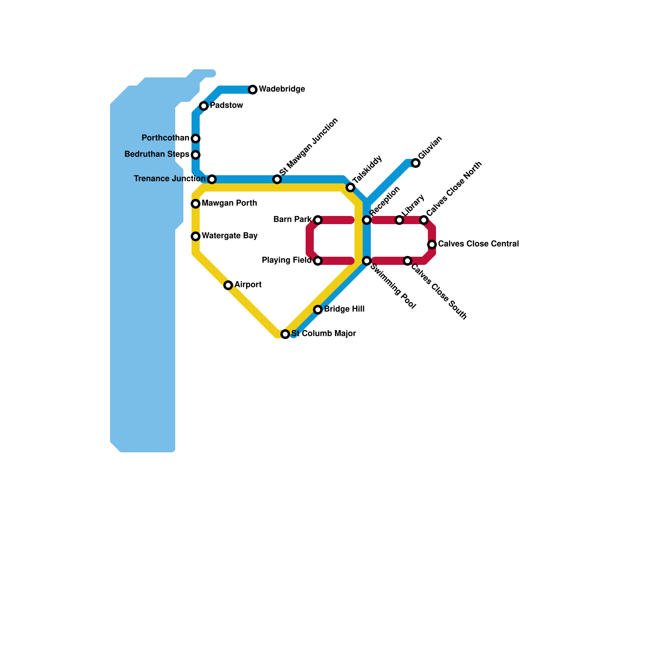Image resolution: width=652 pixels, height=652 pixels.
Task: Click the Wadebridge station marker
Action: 253,90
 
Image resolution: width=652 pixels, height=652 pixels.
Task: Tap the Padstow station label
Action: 226,106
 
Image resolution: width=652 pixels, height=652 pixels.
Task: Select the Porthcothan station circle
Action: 196,139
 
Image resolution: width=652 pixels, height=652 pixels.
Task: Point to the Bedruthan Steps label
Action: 157,154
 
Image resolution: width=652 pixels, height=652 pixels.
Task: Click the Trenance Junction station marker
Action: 212,179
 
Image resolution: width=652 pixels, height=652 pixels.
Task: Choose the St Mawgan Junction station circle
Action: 277,179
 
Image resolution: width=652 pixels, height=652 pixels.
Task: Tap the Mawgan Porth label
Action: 229,203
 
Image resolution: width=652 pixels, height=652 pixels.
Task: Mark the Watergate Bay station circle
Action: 196,236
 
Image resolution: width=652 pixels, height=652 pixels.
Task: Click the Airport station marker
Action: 228,285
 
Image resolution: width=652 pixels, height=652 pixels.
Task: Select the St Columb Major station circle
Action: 285,334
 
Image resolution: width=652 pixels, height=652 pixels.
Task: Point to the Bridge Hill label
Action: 344,309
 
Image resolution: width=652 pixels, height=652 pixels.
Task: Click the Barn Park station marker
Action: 318,220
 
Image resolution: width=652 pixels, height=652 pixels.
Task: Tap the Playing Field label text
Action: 286,260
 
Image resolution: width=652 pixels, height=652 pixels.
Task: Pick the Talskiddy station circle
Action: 350,187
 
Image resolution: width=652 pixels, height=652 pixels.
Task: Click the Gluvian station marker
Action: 416,163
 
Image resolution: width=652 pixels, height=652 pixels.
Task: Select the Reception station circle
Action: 367,220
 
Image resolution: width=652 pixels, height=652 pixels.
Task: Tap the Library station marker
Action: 399,220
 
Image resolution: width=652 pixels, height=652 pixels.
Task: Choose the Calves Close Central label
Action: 478,244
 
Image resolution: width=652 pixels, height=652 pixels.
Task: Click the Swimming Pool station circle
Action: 367,261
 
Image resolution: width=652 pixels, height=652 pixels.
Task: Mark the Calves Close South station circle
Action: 407,261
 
